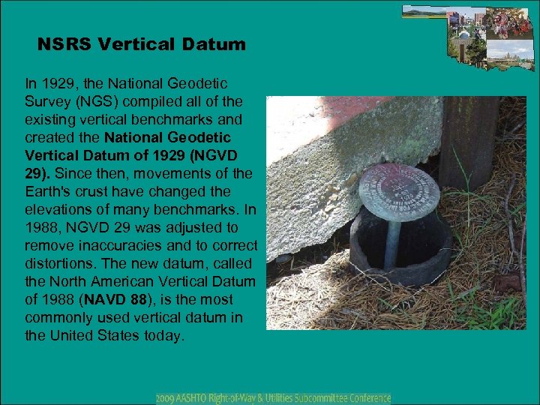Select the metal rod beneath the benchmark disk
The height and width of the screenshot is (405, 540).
point(391,241)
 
